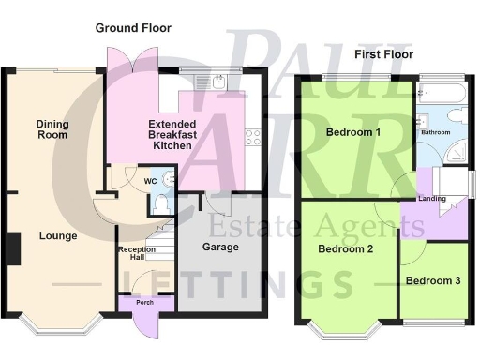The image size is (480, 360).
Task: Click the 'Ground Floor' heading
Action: (133, 28)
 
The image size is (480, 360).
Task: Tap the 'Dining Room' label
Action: (52, 129)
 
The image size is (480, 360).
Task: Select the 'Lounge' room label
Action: (58, 236)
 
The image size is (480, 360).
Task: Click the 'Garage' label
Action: (220, 247)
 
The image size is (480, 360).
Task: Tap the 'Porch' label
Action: (144, 303)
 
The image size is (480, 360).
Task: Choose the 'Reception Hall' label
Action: (137, 255)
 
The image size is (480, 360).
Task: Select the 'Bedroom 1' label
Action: (353, 132)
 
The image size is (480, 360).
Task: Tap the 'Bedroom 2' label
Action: (346, 249)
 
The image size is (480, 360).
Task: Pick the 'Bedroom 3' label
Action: (432, 279)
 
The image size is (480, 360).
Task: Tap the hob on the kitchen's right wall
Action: (252, 138)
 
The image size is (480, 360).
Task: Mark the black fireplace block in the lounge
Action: (14, 247)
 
